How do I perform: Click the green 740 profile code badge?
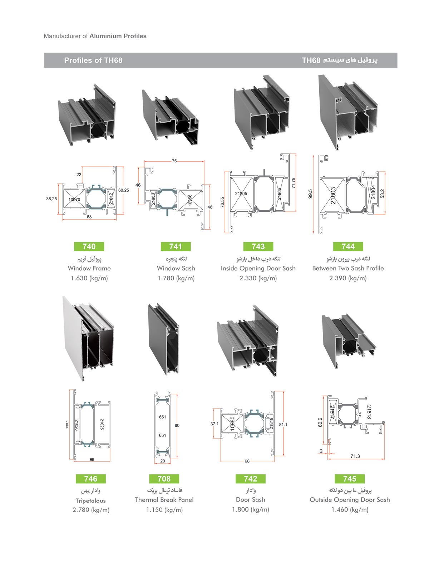(x=89, y=246)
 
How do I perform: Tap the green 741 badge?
(x=176, y=246)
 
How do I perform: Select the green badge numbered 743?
(x=258, y=246)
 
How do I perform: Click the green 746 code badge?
(x=91, y=479)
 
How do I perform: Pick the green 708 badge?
(x=164, y=479)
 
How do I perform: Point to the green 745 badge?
(x=350, y=479)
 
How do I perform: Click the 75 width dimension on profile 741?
(x=174, y=161)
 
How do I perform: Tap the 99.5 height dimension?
(x=310, y=194)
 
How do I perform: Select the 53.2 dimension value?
(x=382, y=193)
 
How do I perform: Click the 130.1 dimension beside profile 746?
(x=67, y=424)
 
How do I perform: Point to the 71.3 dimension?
(x=355, y=456)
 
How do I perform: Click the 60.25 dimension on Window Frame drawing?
(x=124, y=190)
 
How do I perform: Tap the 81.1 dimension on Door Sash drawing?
(x=283, y=425)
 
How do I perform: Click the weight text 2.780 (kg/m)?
(x=91, y=510)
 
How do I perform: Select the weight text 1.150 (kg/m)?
(x=164, y=510)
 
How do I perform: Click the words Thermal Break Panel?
(x=164, y=500)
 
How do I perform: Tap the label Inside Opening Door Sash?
(x=258, y=268)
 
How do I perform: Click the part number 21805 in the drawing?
(x=241, y=193)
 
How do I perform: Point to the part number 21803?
(x=333, y=195)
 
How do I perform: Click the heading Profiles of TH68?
(x=93, y=60)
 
